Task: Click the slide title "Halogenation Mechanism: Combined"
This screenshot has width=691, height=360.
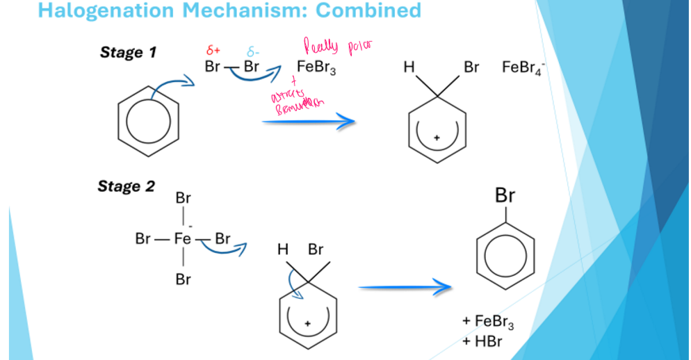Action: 229,10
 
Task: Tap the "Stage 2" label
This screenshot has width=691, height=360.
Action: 126,186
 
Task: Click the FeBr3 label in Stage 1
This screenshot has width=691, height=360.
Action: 316,67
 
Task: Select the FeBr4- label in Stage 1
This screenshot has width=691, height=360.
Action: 522,68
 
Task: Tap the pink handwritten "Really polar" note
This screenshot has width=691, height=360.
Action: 338,46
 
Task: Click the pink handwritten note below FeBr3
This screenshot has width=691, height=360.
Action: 295,99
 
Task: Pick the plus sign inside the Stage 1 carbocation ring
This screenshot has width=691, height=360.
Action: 436,138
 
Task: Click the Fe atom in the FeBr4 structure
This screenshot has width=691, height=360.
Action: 182,239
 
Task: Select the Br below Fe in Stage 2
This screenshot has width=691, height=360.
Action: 183,279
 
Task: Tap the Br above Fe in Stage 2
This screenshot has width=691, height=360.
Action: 183,198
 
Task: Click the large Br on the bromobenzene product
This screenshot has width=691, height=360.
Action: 505,196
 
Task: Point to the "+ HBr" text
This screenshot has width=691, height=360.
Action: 482,341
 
